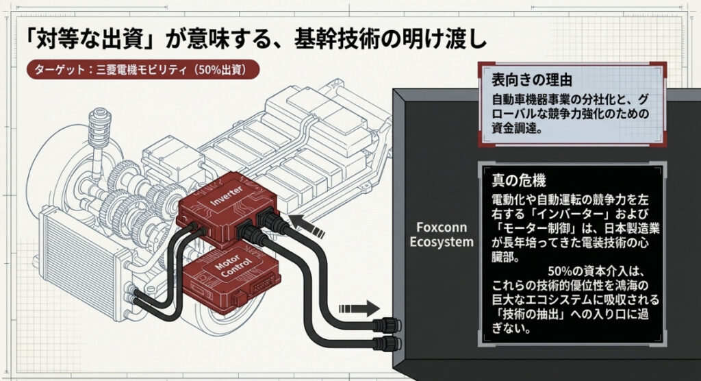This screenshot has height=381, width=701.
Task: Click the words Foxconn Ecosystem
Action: click(441, 234)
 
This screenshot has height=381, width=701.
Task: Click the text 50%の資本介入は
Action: click(591, 270)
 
